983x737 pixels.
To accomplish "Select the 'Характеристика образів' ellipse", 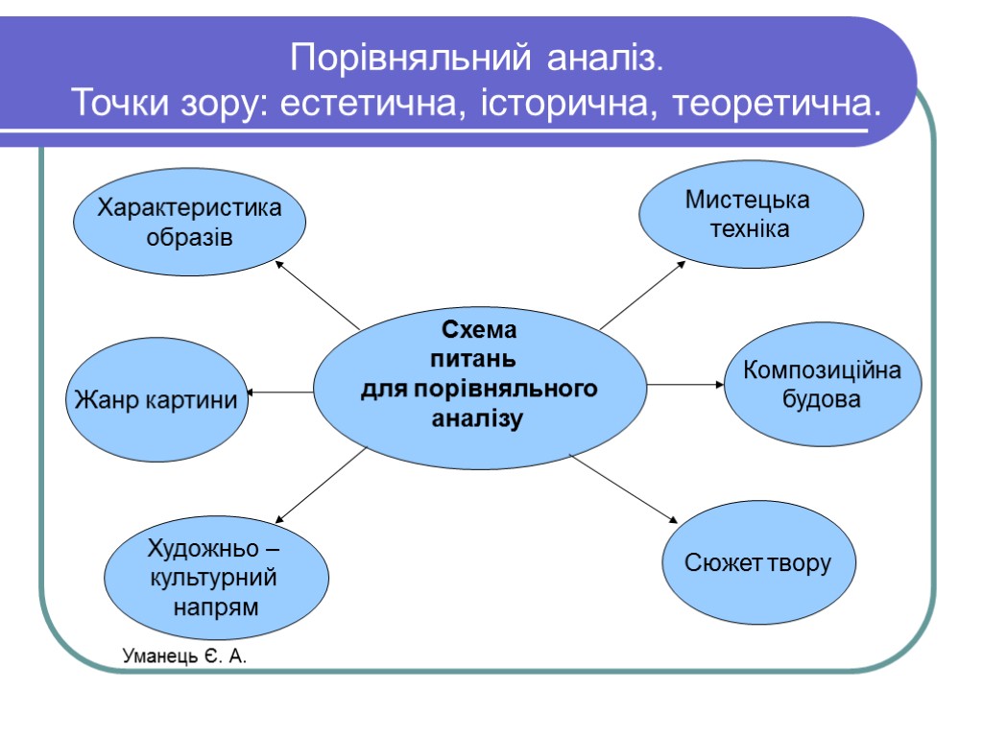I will pos(190,223).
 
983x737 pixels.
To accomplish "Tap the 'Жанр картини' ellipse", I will pos(156,399).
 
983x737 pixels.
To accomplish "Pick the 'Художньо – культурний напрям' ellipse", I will pos(216,578).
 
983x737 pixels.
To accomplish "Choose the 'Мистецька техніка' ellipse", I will pos(751,215).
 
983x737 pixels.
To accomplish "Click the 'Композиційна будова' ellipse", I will pos(822,384).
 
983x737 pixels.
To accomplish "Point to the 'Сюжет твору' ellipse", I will pos(758,562).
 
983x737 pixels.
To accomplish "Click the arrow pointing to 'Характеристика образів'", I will pos(317,294).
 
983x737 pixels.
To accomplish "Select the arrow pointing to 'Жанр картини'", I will pos(281,392).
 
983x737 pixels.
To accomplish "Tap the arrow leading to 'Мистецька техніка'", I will pos(642,295).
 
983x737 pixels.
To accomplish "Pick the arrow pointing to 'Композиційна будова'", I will pos(685,384).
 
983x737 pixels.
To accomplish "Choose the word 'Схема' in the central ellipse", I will pos(478,331).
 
